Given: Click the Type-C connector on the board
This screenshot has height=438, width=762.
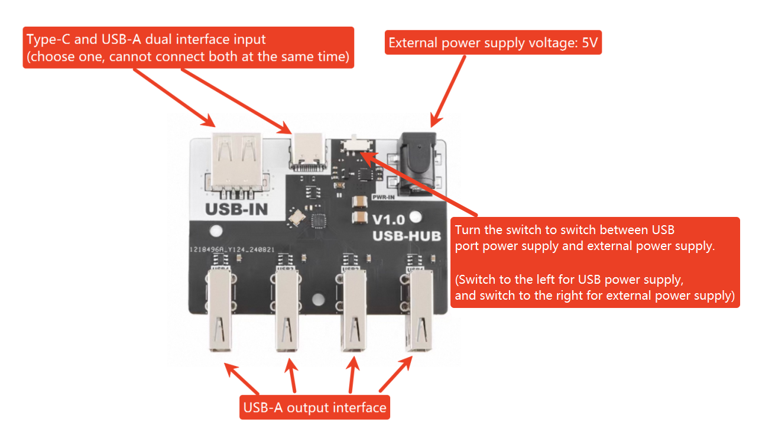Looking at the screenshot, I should pyautogui.click(x=307, y=151).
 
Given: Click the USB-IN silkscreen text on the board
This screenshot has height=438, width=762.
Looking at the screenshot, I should pyautogui.click(x=236, y=209).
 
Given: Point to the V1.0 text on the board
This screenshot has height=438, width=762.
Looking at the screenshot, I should pyautogui.click(x=388, y=220).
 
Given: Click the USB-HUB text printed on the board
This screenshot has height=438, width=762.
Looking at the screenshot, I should pyautogui.click(x=407, y=236).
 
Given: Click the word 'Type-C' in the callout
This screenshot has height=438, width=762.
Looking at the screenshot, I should pyautogui.click(x=45, y=40).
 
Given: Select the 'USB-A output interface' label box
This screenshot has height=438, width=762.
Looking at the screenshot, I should pyautogui.click(x=314, y=408).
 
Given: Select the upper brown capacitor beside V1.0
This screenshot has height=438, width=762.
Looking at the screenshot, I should pyautogui.click(x=359, y=202).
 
